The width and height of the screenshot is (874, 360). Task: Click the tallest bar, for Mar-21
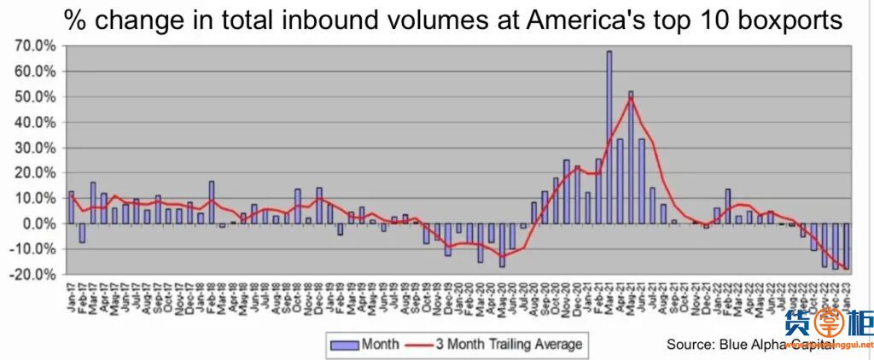pyautogui.click(x=609, y=136)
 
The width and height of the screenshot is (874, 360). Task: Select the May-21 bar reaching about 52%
pyautogui.click(x=631, y=157)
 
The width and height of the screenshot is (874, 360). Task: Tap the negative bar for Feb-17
pyautogui.click(x=82, y=233)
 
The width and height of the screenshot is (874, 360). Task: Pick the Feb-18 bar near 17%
pyautogui.click(x=211, y=202)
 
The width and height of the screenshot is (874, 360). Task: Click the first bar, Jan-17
pyautogui.click(x=71, y=207)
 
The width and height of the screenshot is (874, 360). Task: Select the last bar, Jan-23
pyautogui.click(x=846, y=246)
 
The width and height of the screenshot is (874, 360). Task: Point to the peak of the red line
pyautogui.click(x=631, y=98)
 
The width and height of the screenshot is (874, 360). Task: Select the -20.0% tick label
pyautogui.click(x=35, y=275)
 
